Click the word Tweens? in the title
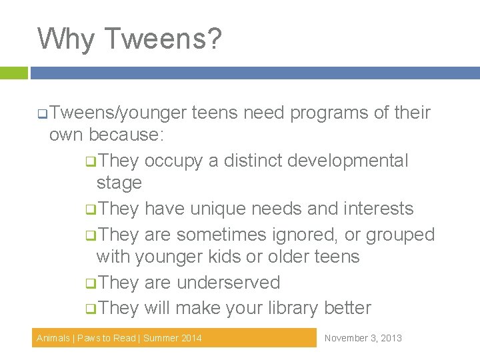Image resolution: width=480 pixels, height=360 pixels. tap(163, 39)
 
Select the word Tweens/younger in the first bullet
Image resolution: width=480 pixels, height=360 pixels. tap(117, 113)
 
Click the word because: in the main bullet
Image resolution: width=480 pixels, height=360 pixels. tap(129, 135)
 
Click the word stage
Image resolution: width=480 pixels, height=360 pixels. tap(119, 183)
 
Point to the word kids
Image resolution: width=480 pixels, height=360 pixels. tap(205, 257)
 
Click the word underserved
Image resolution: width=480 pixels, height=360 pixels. tap(228, 283)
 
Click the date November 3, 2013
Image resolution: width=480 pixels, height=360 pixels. tap(363, 338)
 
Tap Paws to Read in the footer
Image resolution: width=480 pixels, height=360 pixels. tap(107, 338)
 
